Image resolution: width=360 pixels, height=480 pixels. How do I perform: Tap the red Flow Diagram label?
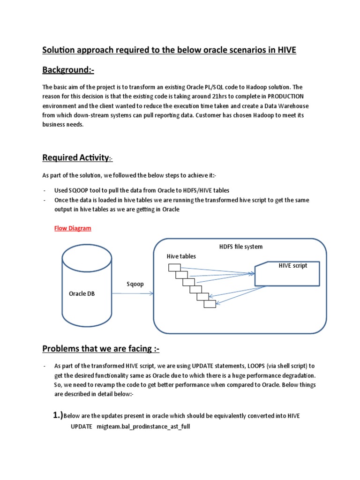pyautogui.click(x=73, y=228)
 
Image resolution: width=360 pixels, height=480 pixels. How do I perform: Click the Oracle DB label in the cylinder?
pyautogui.click(x=82, y=293)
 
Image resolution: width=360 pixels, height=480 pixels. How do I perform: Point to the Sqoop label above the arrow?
pyautogui.click(x=135, y=284)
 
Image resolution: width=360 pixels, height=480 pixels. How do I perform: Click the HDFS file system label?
pyautogui.click(x=241, y=247)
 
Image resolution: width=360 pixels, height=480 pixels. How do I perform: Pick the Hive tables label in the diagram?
pyautogui.click(x=181, y=256)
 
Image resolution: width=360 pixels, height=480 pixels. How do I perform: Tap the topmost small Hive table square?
pyautogui.click(x=174, y=267)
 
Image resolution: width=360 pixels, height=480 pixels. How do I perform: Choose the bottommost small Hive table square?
pyautogui.click(x=210, y=303)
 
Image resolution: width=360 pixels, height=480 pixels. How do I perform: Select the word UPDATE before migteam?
pyautogui.click(x=81, y=426)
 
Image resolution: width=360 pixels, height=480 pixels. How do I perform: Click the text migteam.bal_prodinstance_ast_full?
pyautogui.click(x=143, y=426)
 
